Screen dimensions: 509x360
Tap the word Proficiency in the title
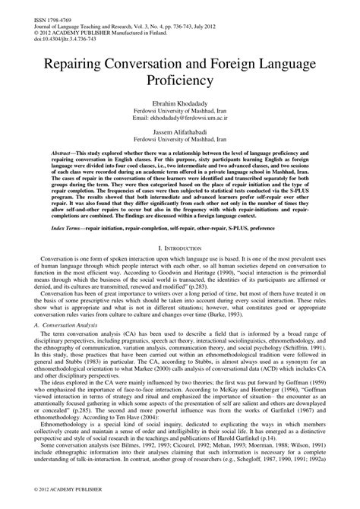point(180,83)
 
